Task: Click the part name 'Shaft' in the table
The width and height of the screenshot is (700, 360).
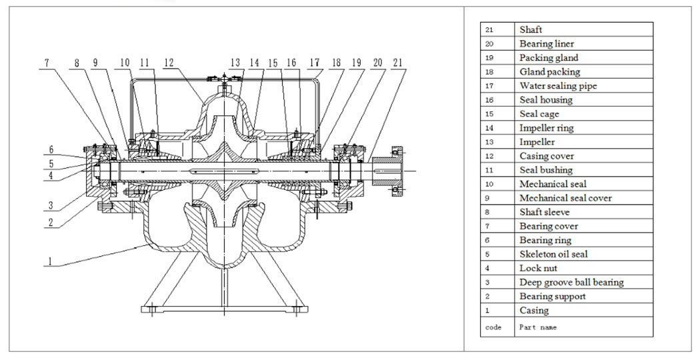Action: [x=531, y=29]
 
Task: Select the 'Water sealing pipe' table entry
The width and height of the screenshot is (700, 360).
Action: [x=558, y=86]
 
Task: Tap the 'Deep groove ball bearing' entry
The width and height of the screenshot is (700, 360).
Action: [x=571, y=282]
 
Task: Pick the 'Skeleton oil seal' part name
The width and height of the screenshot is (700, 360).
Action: [x=553, y=254]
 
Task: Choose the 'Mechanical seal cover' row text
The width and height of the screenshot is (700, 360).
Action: [x=565, y=198]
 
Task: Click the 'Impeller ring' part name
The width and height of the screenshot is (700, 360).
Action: [x=547, y=128]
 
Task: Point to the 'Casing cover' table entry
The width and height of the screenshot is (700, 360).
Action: [x=547, y=156]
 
